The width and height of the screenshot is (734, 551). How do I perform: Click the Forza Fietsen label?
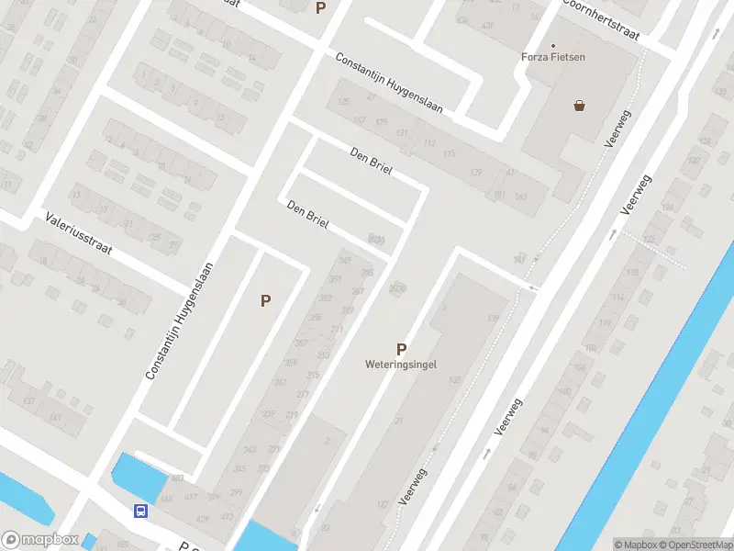(553, 57)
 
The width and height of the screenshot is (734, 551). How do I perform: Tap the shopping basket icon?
(580, 106)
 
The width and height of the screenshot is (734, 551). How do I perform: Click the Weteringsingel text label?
(401, 364)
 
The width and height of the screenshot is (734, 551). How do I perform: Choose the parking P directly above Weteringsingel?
(401, 349)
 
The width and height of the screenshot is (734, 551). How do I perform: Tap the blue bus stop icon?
(140, 512)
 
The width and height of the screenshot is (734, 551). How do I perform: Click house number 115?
(449, 153)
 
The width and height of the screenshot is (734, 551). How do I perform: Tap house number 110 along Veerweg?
(605, 323)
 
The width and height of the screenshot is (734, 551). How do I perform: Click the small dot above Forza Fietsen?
(553, 45)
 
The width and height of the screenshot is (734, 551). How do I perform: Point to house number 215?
(314, 375)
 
